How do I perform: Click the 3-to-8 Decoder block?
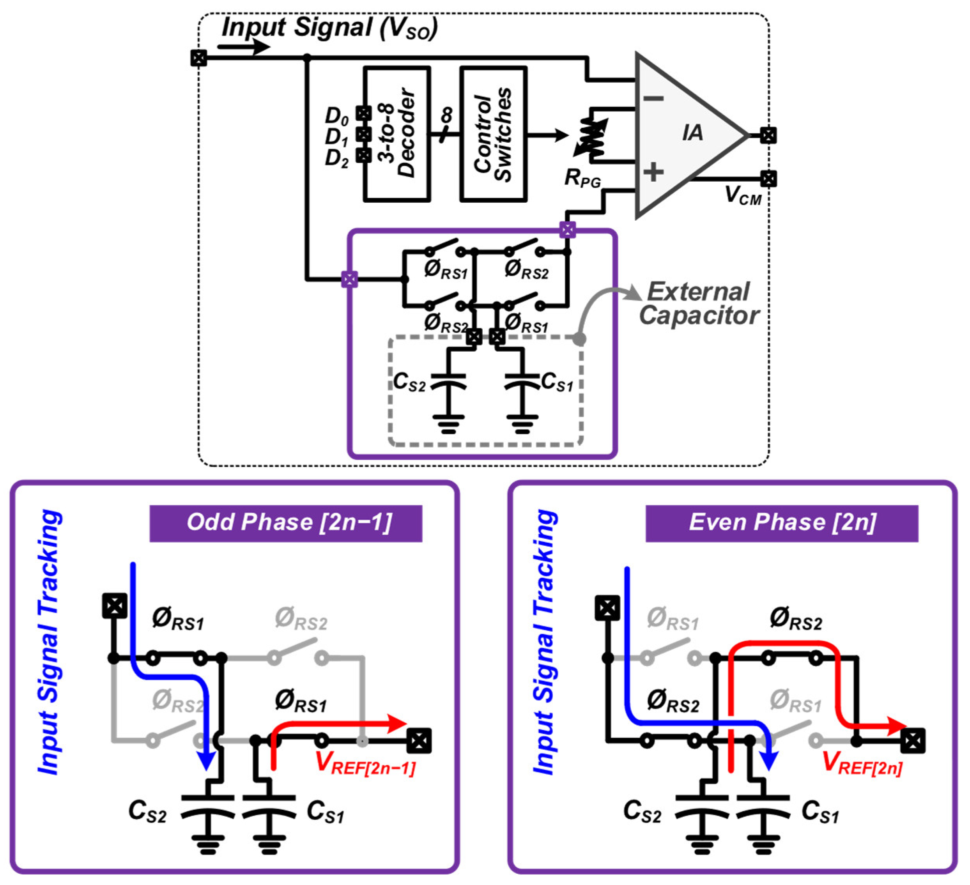tap(396, 134)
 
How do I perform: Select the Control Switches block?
tap(493, 134)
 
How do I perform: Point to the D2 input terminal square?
tap(363, 155)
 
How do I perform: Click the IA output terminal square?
tap(768, 135)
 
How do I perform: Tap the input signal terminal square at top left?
tap(199, 58)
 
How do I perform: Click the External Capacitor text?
tap(699, 304)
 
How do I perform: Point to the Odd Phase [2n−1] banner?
tap(286, 523)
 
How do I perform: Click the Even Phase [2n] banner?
tap(781, 523)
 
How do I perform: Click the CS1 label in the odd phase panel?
tap(325, 812)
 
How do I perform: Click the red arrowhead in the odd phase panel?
tap(396, 723)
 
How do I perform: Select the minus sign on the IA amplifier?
tap(653, 99)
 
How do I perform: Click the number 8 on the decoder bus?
tap(446, 115)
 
